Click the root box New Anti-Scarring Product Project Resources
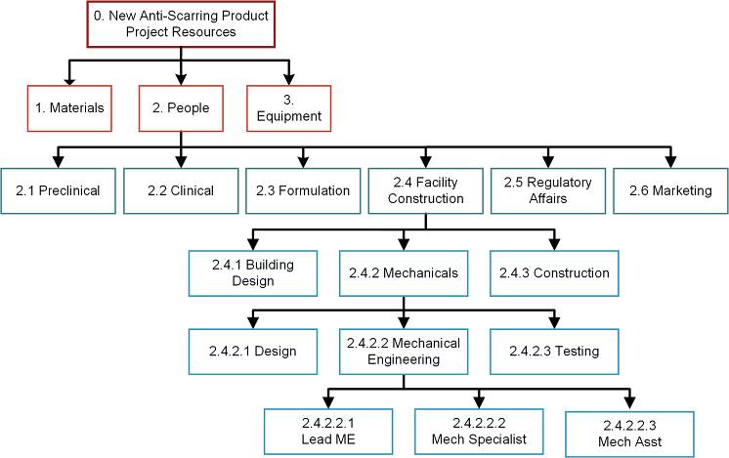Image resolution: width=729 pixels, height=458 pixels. point(181,24)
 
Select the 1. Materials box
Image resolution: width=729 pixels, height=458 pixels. point(69,108)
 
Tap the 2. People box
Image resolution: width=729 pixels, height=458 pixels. point(181,108)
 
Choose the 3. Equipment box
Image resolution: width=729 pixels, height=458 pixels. point(288,108)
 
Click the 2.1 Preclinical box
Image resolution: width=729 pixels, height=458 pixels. point(58,190)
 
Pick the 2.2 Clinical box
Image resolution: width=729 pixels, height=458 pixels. point(181,190)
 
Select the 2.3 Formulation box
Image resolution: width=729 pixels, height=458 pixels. point(303,190)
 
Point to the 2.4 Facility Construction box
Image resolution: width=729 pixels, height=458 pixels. point(425,190)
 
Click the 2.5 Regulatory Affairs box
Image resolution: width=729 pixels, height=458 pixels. point(547,190)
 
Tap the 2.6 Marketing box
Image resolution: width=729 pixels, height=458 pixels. point(670,190)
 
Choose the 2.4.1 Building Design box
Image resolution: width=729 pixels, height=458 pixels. point(254,273)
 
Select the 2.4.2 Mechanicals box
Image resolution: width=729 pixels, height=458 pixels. point(403,273)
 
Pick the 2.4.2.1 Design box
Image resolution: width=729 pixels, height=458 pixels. point(254,352)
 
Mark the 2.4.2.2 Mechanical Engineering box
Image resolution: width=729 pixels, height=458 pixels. point(403,352)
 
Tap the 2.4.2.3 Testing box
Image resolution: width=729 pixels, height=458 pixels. point(553,352)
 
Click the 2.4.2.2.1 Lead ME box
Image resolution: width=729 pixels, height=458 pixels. point(328,432)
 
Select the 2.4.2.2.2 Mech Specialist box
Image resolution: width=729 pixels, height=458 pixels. point(479,432)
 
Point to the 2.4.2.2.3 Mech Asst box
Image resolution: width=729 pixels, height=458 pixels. point(629,434)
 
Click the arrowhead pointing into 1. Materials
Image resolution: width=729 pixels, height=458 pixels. point(69,79)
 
